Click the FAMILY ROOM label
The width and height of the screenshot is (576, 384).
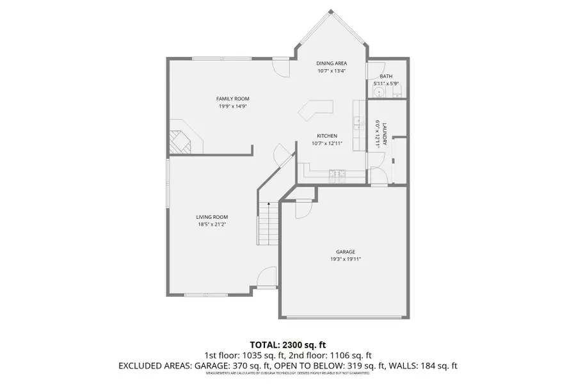232,99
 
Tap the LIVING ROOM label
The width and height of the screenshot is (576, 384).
212,217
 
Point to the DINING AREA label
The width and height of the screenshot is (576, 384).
332,63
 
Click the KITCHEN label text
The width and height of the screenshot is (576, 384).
327,136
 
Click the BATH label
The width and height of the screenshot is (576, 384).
386,76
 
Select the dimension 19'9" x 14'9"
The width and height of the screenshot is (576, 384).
232,106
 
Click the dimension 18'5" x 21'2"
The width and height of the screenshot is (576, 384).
212,225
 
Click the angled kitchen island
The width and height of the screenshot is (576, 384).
315,109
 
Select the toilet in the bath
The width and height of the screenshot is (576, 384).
380,92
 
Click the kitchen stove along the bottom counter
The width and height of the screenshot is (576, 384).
337,173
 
